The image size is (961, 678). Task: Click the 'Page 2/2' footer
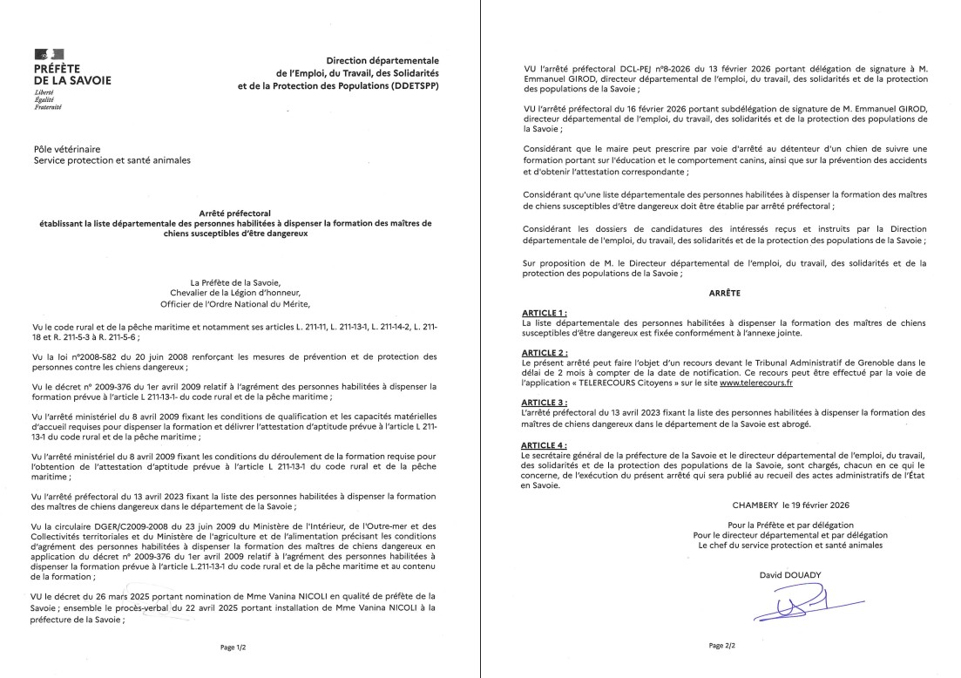[x=724, y=646]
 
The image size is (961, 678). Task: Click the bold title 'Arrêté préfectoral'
[x=235, y=212]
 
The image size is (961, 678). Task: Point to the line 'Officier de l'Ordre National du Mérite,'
[x=235, y=306]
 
